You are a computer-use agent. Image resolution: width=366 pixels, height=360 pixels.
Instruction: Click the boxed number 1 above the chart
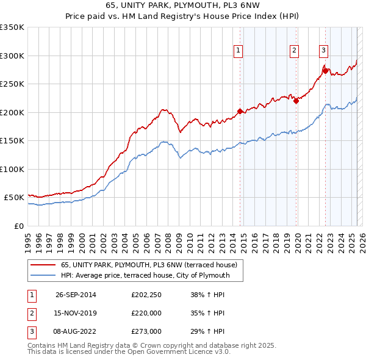(x=238, y=51)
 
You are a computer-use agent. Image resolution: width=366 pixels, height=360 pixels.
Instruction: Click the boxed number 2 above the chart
(x=294, y=51)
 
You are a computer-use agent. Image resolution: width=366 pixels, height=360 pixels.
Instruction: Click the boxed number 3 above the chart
(x=323, y=51)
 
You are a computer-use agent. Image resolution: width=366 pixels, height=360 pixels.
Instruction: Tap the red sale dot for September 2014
(x=240, y=111)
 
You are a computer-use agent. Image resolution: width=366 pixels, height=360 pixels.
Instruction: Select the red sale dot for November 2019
(x=296, y=101)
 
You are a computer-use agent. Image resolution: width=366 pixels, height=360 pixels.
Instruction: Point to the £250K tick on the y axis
(x=13, y=84)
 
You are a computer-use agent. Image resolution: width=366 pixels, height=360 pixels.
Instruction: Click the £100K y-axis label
(x=13, y=169)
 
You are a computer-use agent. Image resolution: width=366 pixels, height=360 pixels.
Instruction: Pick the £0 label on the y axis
(x=19, y=226)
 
